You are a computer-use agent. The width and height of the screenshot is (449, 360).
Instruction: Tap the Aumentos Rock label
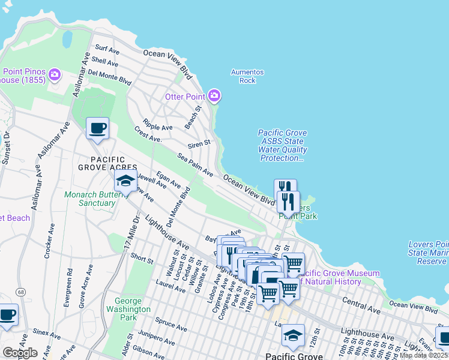point(247,76)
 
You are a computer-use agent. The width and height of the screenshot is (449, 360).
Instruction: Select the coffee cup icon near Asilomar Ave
point(97,128)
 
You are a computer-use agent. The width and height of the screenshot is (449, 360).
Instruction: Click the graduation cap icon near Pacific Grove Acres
point(125,181)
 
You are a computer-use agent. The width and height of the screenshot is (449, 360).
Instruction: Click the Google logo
point(20,353)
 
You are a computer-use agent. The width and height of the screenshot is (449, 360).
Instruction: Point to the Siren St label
point(199,143)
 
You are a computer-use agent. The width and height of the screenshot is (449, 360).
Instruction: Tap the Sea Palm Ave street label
point(195,164)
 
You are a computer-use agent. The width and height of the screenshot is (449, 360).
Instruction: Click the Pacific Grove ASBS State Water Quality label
point(282,146)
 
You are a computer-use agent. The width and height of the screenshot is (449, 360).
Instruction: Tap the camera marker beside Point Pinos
point(55,74)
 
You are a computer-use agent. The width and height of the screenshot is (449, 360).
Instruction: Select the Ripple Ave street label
point(158,127)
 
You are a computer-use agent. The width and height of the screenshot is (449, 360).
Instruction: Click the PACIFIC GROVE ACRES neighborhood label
point(106,163)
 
